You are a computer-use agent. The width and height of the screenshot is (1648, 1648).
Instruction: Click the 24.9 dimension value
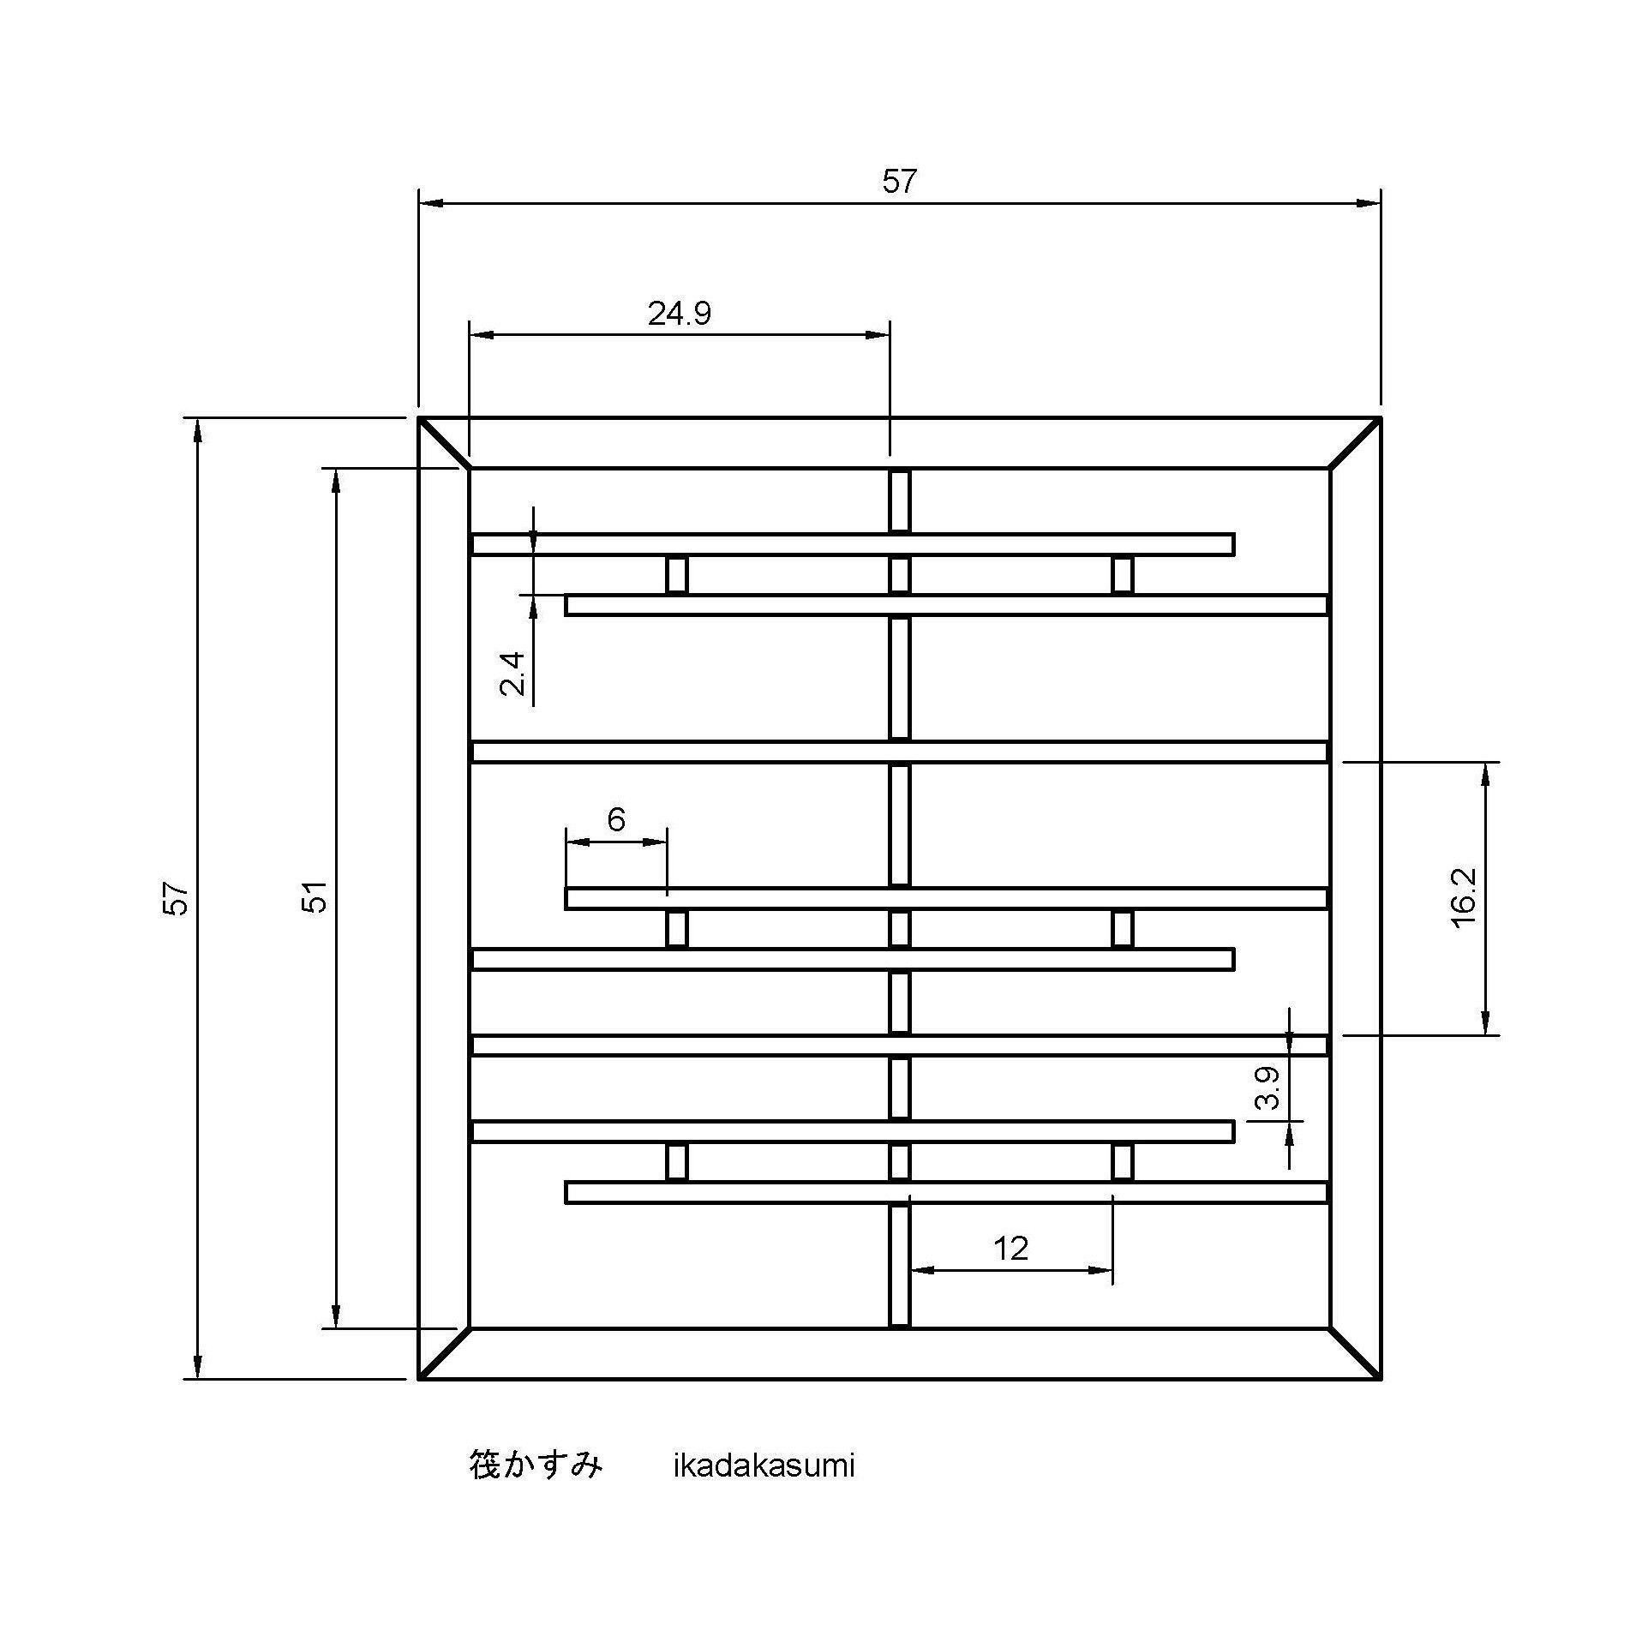pyautogui.click(x=679, y=315)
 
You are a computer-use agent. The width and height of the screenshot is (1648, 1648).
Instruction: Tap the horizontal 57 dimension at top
pyautogui.click(x=899, y=182)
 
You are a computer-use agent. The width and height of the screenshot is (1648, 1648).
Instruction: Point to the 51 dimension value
pyautogui.click(x=316, y=897)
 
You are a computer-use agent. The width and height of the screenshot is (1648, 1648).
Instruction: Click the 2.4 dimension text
pyautogui.click(x=512, y=674)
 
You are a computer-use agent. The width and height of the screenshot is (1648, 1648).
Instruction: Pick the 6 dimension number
pyautogui.click(x=616, y=820)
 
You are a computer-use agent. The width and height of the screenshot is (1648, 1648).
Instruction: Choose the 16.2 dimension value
pyautogui.click(x=1464, y=897)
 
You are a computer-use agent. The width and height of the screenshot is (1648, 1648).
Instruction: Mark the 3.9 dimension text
pyautogui.click(x=1267, y=1088)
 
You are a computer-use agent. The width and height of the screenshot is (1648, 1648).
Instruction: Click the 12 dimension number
pyautogui.click(x=1010, y=1249)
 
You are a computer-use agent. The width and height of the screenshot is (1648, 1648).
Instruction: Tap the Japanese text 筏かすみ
pyautogui.click(x=536, y=1465)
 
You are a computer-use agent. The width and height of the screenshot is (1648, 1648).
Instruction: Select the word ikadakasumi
pyautogui.click(x=764, y=1466)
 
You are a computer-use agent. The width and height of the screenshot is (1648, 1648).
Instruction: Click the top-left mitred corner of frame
pyautogui.click(x=444, y=443)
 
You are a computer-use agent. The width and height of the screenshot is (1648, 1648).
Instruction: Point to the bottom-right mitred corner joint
pyautogui.click(x=1355, y=1353)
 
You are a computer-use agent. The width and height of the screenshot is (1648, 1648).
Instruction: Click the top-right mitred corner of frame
pyautogui.click(x=1355, y=443)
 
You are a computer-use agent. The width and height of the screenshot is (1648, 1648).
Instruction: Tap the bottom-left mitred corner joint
pyautogui.click(x=444, y=1353)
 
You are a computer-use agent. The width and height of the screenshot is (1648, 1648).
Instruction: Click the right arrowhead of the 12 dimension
pyautogui.click(x=1100, y=1270)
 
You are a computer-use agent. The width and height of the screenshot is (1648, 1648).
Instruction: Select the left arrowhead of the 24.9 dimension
pyautogui.click(x=482, y=335)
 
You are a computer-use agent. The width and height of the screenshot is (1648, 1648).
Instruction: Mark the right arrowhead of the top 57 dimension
pyautogui.click(x=1369, y=203)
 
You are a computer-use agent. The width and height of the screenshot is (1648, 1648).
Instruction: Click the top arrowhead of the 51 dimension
pyautogui.click(x=336, y=482)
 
